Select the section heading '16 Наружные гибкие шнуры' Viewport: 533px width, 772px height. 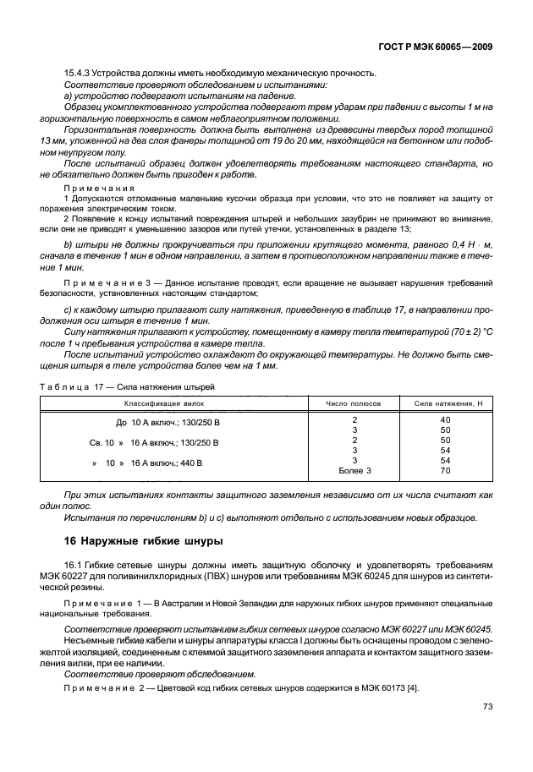coord(144,540)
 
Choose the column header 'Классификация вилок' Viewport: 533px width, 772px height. coord(166,403)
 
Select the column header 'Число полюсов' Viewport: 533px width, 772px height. coord(354,403)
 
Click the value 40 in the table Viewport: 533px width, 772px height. coord(446,420)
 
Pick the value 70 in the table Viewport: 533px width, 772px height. coord(446,470)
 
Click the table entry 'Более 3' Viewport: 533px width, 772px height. coord(354,470)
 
